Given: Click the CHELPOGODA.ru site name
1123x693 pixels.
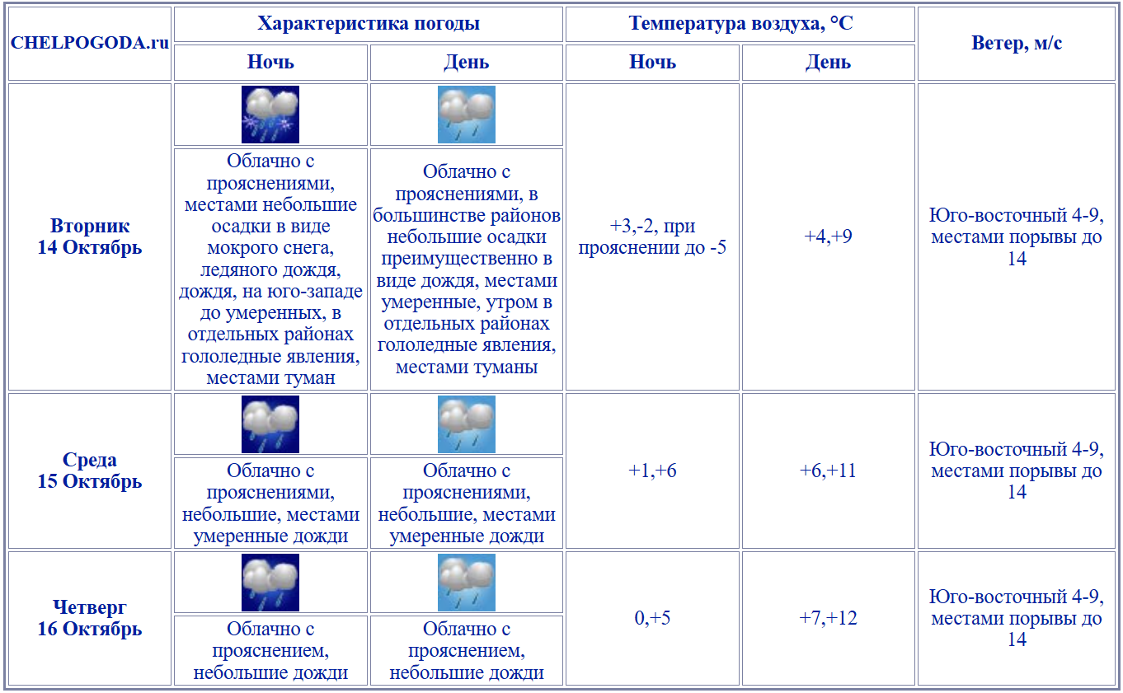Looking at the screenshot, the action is tap(90, 44).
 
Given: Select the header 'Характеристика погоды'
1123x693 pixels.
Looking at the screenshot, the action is tap(369, 24).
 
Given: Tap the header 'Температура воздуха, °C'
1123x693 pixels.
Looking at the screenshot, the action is tap(740, 24).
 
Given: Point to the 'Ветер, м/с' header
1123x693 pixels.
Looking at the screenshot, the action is tap(1017, 44).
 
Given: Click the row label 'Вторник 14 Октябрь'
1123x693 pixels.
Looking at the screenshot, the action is tap(90, 236).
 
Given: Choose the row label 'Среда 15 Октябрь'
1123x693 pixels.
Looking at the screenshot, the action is tap(90, 471).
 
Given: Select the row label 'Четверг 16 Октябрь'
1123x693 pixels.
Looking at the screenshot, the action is tap(90, 618).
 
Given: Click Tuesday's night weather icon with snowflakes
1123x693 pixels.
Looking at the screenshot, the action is tap(270, 115).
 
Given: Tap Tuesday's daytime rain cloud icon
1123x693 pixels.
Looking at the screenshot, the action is tap(467, 115).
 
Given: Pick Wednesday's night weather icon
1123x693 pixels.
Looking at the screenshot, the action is tap(270, 424).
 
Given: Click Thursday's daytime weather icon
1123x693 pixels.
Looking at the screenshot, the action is tap(467, 583).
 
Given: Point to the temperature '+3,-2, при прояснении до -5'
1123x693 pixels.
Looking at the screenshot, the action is tap(652, 236).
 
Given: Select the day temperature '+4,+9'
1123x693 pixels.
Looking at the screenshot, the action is tap(829, 236).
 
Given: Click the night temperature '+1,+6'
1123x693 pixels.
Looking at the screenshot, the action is tap(652, 471).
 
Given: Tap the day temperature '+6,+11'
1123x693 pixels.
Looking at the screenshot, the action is tap(829, 471).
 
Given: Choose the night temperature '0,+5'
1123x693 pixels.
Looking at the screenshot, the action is tap(652, 618).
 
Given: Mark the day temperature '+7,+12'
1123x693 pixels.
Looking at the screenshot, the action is tap(829, 618).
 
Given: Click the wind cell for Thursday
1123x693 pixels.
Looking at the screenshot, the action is tap(1017, 618).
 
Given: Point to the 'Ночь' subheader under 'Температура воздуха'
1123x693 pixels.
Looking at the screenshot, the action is tap(652, 63).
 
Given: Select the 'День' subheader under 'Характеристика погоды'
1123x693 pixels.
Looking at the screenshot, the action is tap(467, 63).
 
